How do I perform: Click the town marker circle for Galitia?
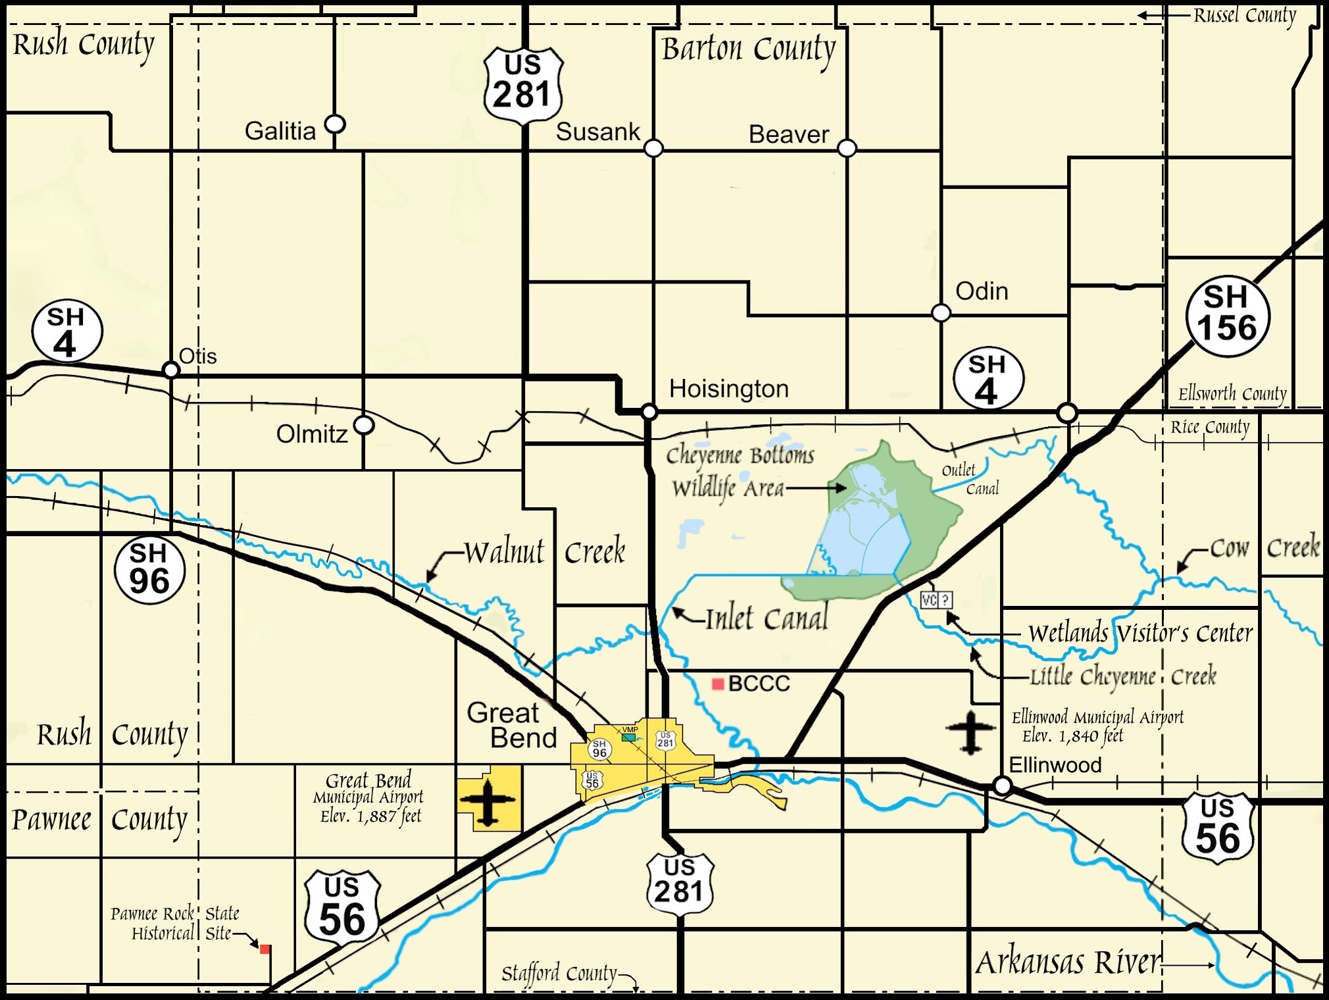coord(335,124)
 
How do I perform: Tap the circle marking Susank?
coord(653,147)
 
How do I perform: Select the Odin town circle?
coord(941,312)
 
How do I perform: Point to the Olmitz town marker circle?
coord(364,425)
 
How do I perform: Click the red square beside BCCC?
coord(718,685)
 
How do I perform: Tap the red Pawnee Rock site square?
coord(265,949)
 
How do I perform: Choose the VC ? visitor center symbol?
coord(936,600)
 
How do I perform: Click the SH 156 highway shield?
coord(1228,316)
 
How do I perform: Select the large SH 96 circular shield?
coord(149,570)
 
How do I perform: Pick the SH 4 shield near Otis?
coord(66,332)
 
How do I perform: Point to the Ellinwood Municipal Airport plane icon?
coord(971,731)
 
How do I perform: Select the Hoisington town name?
coord(728,389)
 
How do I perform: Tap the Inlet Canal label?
coord(766,619)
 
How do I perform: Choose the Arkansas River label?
coord(1068,963)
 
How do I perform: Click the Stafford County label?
coord(559,972)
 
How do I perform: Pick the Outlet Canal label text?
coord(970,479)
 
